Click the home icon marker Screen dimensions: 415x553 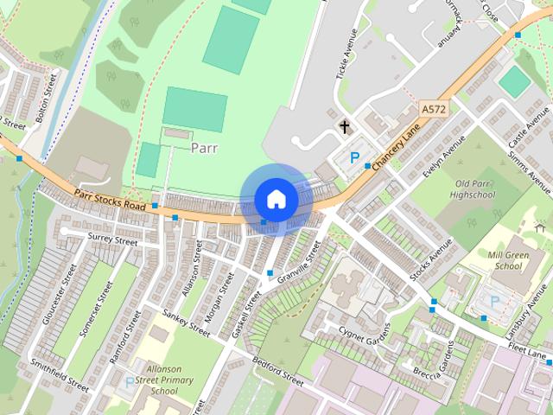[x=276, y=200]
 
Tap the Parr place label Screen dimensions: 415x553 [x=205, y=148]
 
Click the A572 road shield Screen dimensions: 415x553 [x=434, y=110]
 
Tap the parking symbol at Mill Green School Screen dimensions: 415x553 [x=494, y=302]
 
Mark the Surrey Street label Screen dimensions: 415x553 [x=112, y=238]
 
